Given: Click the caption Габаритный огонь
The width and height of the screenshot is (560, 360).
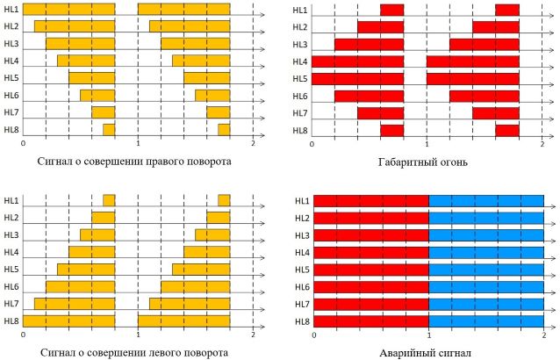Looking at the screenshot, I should click(427, 162).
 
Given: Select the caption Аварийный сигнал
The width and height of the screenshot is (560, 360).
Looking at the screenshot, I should click(427, 352).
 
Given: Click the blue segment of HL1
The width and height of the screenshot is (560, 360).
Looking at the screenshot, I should click(486, 201).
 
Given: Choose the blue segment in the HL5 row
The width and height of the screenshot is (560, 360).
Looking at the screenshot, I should click(486, 269).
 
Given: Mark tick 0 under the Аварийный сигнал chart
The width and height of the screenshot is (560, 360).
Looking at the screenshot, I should click(313, 334).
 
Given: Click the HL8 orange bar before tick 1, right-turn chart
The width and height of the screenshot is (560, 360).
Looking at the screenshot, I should click(109, 130).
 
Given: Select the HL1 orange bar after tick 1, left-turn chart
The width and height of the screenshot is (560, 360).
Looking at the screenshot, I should click(224, 200).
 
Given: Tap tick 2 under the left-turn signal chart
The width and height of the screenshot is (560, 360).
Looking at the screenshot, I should click(253, 334).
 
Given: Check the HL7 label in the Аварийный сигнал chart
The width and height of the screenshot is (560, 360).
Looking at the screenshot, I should click(301, 303).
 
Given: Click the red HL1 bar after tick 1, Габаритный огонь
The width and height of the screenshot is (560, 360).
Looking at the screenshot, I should click(507, 10).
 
